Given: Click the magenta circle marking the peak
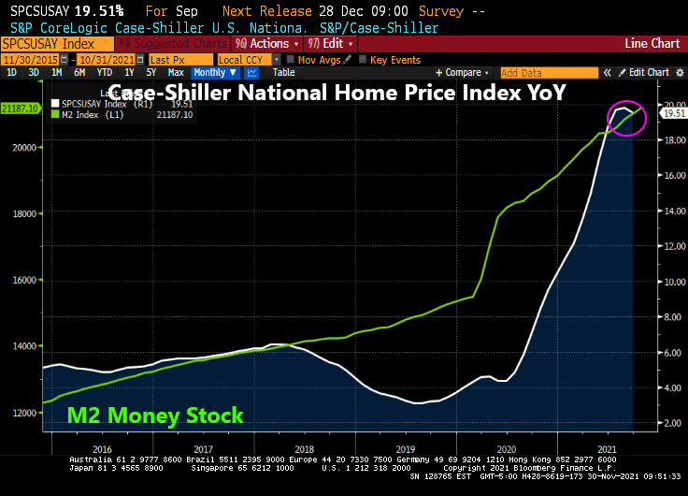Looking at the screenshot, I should point(625,118).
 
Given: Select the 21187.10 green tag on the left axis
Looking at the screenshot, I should point(20,109).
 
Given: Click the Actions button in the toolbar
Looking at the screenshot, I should point(265,44).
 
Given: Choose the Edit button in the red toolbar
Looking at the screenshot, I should point(331,44).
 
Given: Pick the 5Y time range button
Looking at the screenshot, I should point(150,72).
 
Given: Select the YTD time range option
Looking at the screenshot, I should point(104,72).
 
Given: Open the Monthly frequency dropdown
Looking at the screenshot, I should point(214,72).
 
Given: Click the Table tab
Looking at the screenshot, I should point(283,72).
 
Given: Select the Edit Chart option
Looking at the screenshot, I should point(647,72).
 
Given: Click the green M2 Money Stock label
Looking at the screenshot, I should point(155,416).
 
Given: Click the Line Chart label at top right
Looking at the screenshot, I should point(652,44).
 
